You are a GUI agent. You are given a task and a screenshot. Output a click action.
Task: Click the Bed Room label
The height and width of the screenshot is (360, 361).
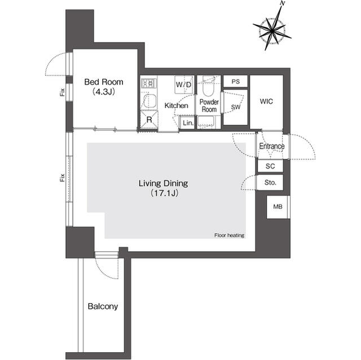[104, 82]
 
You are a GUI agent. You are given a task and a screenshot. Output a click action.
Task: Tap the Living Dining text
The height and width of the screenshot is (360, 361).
[163, 183]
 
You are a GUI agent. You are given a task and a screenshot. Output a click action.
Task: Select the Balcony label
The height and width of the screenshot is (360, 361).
[103, 306]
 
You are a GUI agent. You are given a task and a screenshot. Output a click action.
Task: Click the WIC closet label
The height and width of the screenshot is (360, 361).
[266, 101]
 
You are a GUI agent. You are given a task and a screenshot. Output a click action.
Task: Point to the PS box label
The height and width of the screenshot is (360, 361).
[236, 82]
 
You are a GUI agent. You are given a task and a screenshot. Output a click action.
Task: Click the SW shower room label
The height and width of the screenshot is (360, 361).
[236, 107]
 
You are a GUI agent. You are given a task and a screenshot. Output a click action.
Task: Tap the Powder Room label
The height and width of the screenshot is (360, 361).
[209, 105]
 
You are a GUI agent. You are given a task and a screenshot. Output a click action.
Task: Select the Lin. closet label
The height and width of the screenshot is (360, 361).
[188, 123]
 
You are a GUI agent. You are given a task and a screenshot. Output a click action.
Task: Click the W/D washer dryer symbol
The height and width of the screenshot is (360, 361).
[183, 85]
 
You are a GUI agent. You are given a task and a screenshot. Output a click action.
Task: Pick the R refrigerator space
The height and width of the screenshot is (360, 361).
[149, 120]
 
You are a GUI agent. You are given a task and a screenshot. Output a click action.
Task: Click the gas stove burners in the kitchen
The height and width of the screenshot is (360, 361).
[149, 83]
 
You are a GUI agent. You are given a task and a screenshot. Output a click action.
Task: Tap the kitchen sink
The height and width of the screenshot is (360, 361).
[149, 100]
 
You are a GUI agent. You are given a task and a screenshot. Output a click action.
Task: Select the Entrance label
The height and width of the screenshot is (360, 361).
[272, 146]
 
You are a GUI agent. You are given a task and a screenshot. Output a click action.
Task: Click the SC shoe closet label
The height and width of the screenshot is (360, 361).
[270, 166]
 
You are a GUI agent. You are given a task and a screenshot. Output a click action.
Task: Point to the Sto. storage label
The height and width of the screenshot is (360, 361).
[270, 183]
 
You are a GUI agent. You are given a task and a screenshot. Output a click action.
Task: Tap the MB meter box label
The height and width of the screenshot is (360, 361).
[278, 207]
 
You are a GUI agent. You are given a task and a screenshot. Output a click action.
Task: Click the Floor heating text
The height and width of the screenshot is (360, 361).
[230, 235]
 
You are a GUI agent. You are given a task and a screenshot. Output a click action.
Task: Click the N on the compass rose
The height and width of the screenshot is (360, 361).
[283, 3]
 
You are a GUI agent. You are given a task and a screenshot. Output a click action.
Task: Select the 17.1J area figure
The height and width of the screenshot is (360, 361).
[164, 193]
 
